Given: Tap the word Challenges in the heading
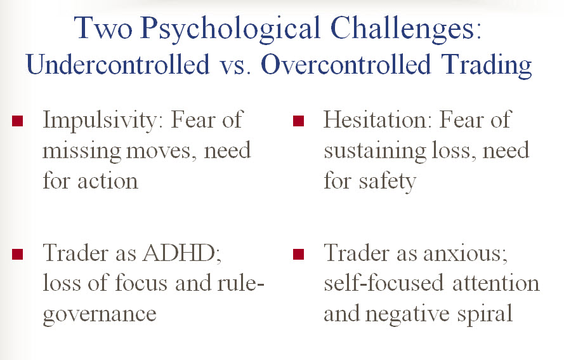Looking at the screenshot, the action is (x=405, y=29).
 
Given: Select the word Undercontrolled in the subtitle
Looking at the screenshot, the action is (x=117, y=64).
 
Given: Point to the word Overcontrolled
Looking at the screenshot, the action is (x=346, y=64).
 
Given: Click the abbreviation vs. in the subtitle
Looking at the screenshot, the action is (x=235, y=67).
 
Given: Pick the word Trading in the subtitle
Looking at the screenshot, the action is (x=488, y=65).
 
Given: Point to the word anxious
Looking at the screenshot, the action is (x=466, y=253).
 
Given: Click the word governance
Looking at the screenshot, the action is (x=100, y=314).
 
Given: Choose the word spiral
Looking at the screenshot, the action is (x=485, y=314).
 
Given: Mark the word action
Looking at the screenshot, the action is (x=108, y=181).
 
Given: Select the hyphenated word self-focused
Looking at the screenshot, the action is (x=383, y=283).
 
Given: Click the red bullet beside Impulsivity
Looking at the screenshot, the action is (x=17, y=121).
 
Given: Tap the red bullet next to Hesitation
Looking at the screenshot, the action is (x=299, y=121).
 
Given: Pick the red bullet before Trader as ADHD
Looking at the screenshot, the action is (x=17, y=254).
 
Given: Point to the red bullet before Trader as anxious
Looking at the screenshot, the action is (x=299, y=254).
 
